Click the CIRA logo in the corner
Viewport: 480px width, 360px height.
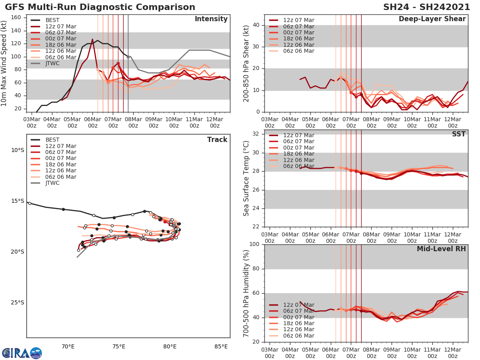22,353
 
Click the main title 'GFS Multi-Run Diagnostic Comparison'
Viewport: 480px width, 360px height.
100,7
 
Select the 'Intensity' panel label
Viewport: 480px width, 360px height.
211,19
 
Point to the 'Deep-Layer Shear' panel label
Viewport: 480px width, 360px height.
432,19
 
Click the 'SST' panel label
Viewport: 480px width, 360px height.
459,134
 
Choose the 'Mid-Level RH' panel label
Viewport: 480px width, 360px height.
441,249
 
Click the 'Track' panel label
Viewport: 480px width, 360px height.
217,140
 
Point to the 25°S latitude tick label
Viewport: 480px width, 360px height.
18,302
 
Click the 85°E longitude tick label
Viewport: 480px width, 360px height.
221,346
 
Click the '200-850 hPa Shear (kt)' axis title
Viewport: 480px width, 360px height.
247,63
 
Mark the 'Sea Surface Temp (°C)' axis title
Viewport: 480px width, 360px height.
247,178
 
